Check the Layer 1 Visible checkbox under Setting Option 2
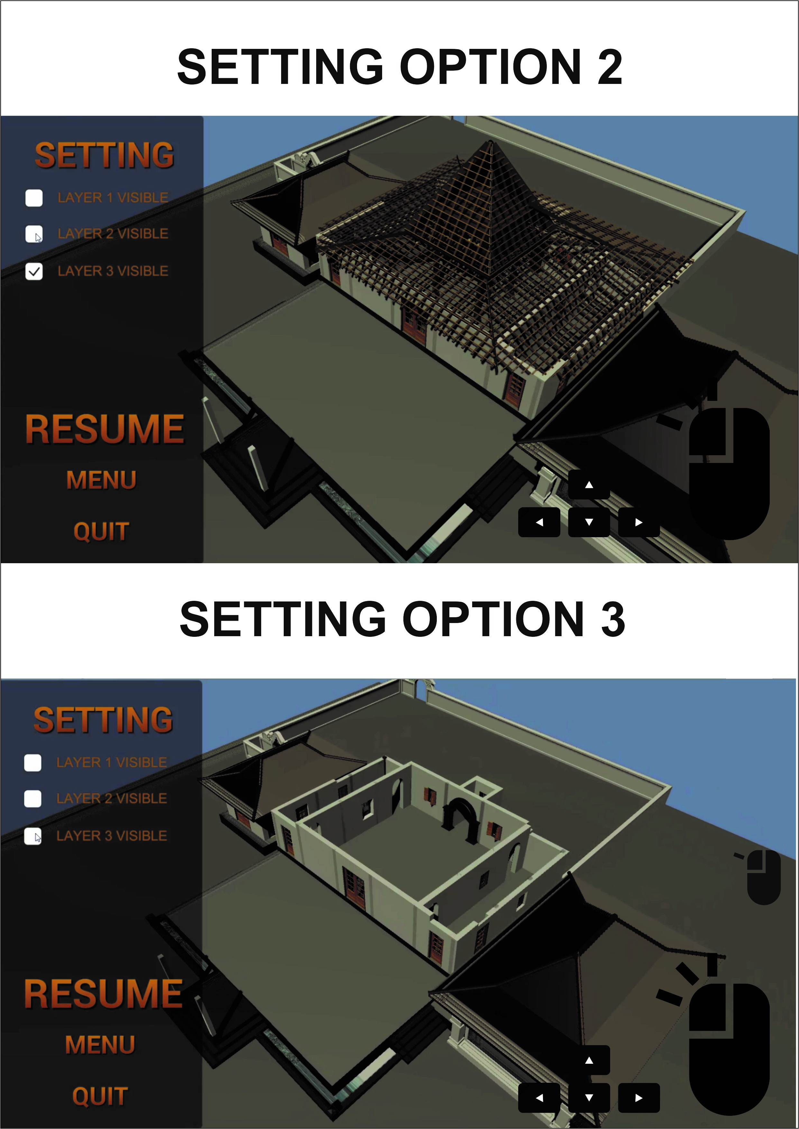34,198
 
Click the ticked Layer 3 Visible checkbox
34,271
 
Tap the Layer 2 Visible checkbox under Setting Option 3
33,799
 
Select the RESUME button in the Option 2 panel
105,429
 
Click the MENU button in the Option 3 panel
100,1045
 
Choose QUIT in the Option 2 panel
101,532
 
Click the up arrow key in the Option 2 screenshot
589,485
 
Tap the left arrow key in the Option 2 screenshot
539,522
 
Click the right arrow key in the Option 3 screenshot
638,1097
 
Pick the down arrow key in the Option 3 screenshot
589,1097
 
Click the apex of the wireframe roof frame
491,142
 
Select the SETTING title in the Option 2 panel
104,155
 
